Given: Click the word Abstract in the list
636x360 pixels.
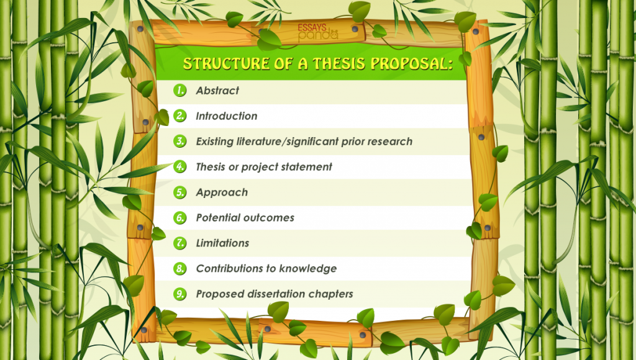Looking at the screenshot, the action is [217, 91].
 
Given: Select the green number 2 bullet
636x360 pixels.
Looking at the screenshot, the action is [179, 116].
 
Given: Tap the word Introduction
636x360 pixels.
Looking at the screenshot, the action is [226, 116].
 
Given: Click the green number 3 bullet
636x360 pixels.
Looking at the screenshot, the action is [179, 141].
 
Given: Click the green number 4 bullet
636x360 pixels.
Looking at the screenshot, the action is [179, 166].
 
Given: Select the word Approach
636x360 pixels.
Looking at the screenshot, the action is [222, 192].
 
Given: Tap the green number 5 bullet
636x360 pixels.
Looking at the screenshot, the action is [179, 192].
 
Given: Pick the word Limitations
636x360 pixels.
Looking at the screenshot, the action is [223, 243].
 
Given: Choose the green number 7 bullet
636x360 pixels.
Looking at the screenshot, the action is [179, 243].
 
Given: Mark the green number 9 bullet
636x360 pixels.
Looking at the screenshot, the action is [179, 294].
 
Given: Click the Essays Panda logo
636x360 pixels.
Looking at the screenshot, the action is [317, 32].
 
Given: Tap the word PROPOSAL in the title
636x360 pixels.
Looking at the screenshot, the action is [412, 63].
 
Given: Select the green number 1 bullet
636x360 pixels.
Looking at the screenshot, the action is [179, 91].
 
